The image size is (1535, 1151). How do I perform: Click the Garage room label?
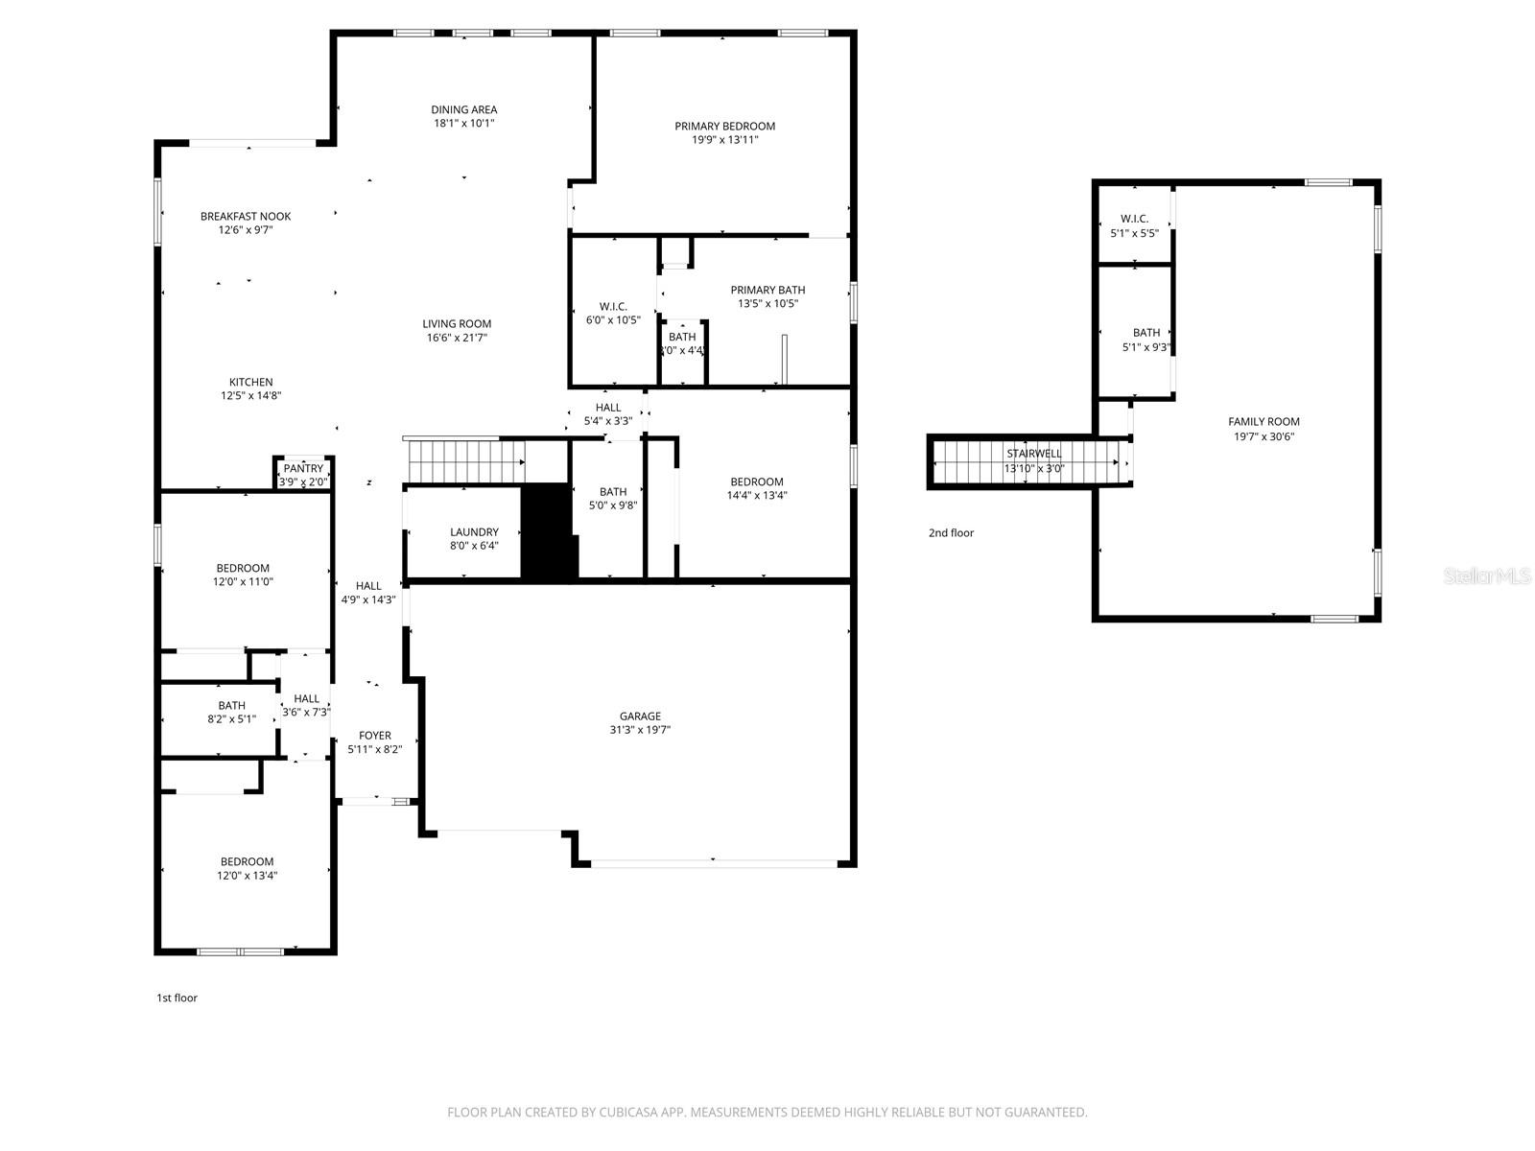(640, 716)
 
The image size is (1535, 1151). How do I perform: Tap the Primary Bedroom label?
(724, 127)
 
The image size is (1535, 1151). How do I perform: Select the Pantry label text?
(303, 469)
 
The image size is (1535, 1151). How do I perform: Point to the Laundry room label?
(474, 532)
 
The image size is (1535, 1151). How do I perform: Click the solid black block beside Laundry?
(548, 532)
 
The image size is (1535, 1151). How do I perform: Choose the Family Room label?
(1263, 422)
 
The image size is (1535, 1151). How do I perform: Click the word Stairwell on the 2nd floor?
(1033, 454)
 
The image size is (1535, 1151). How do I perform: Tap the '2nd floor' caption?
(951, 533)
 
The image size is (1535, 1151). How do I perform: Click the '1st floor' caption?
(177, 998)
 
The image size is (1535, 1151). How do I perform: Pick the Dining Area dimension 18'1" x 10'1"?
(463, 124)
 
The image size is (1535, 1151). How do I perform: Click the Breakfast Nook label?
(246, 217)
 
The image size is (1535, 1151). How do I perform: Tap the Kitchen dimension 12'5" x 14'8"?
(250, 396)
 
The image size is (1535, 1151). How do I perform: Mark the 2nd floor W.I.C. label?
(1134, 220)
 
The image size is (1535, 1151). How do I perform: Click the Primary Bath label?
(767, 291)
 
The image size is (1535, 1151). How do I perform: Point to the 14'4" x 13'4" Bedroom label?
(756, 482)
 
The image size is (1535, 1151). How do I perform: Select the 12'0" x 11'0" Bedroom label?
(243, 569)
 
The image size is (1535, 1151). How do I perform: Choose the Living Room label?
(457, 324)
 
